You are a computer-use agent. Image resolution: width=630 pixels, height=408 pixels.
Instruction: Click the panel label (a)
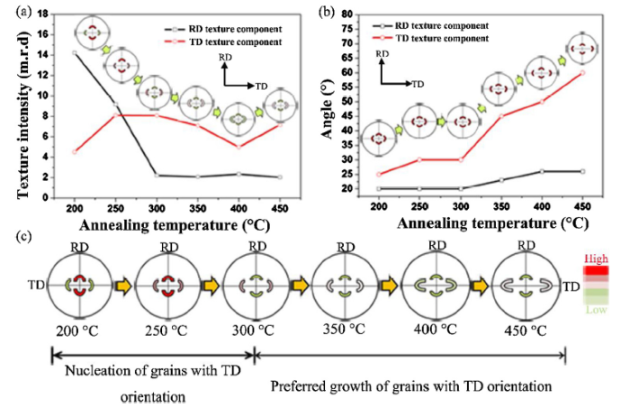click(13, 12)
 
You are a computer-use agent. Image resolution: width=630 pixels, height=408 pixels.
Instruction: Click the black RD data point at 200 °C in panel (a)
click(74, 53)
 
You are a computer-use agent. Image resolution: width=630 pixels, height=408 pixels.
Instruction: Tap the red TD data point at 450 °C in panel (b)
click(583, 72)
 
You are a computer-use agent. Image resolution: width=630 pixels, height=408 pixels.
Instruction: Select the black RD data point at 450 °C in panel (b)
click(583, 171)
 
